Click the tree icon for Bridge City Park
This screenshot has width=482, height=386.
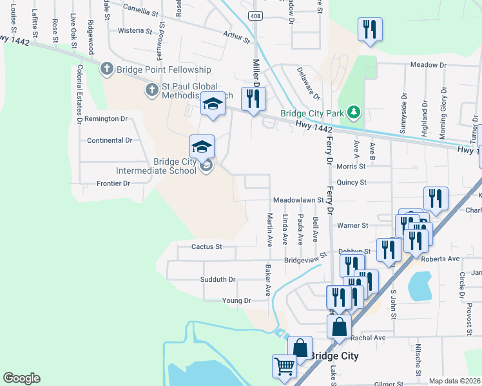pyautogui.click(x=352, y=113)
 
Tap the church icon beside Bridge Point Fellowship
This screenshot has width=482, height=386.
pyautogui.click(x=107, y=69)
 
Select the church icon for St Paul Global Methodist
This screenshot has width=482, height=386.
pyautogui.click(x=151, y=89)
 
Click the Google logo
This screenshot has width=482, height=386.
pyautogui.click(x=21, y=378)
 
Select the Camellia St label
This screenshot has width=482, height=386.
pyautogui.click(x=140, y=10)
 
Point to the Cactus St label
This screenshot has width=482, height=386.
pyautogui.click(x=206, y=246)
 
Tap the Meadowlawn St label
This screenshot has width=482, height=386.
pyautogui.click(x=298, y=200)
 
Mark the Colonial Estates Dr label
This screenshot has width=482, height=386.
pyautogui.click(x=80, y=94)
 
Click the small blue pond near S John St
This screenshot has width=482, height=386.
pyautogui.click(x=419, y=286)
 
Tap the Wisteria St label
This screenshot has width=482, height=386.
pyautogui.click(x=135, y=30)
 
